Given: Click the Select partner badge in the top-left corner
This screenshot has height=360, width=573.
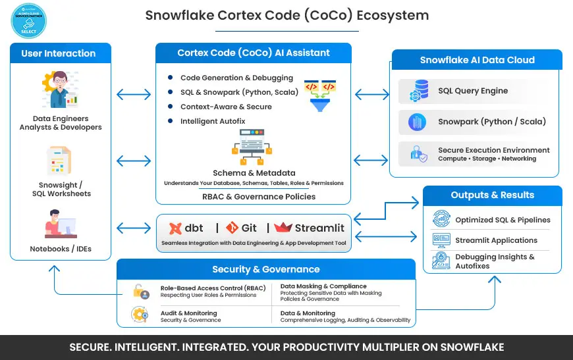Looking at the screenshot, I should click(28, 19).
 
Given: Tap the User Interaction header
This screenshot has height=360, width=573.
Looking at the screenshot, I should click(58, 53).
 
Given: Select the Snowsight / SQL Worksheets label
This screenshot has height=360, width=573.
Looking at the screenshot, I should click(61, 190).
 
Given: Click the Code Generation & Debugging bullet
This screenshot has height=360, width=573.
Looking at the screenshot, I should click(228, 78).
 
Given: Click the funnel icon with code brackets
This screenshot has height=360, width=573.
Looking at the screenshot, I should click(319, 96).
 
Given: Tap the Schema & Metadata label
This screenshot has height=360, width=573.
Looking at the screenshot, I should click(254, 172).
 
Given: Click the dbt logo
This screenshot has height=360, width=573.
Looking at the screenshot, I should click(187, 228).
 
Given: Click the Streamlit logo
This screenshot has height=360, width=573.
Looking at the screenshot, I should click(310, 228).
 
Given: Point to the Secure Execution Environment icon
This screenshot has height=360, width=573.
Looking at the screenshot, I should click(418, 154).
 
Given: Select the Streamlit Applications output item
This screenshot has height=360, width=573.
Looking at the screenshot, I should click(495, 240).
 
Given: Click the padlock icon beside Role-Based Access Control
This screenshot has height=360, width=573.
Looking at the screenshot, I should click(139, 291).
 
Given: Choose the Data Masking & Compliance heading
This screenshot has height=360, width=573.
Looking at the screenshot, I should click(323, 286).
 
